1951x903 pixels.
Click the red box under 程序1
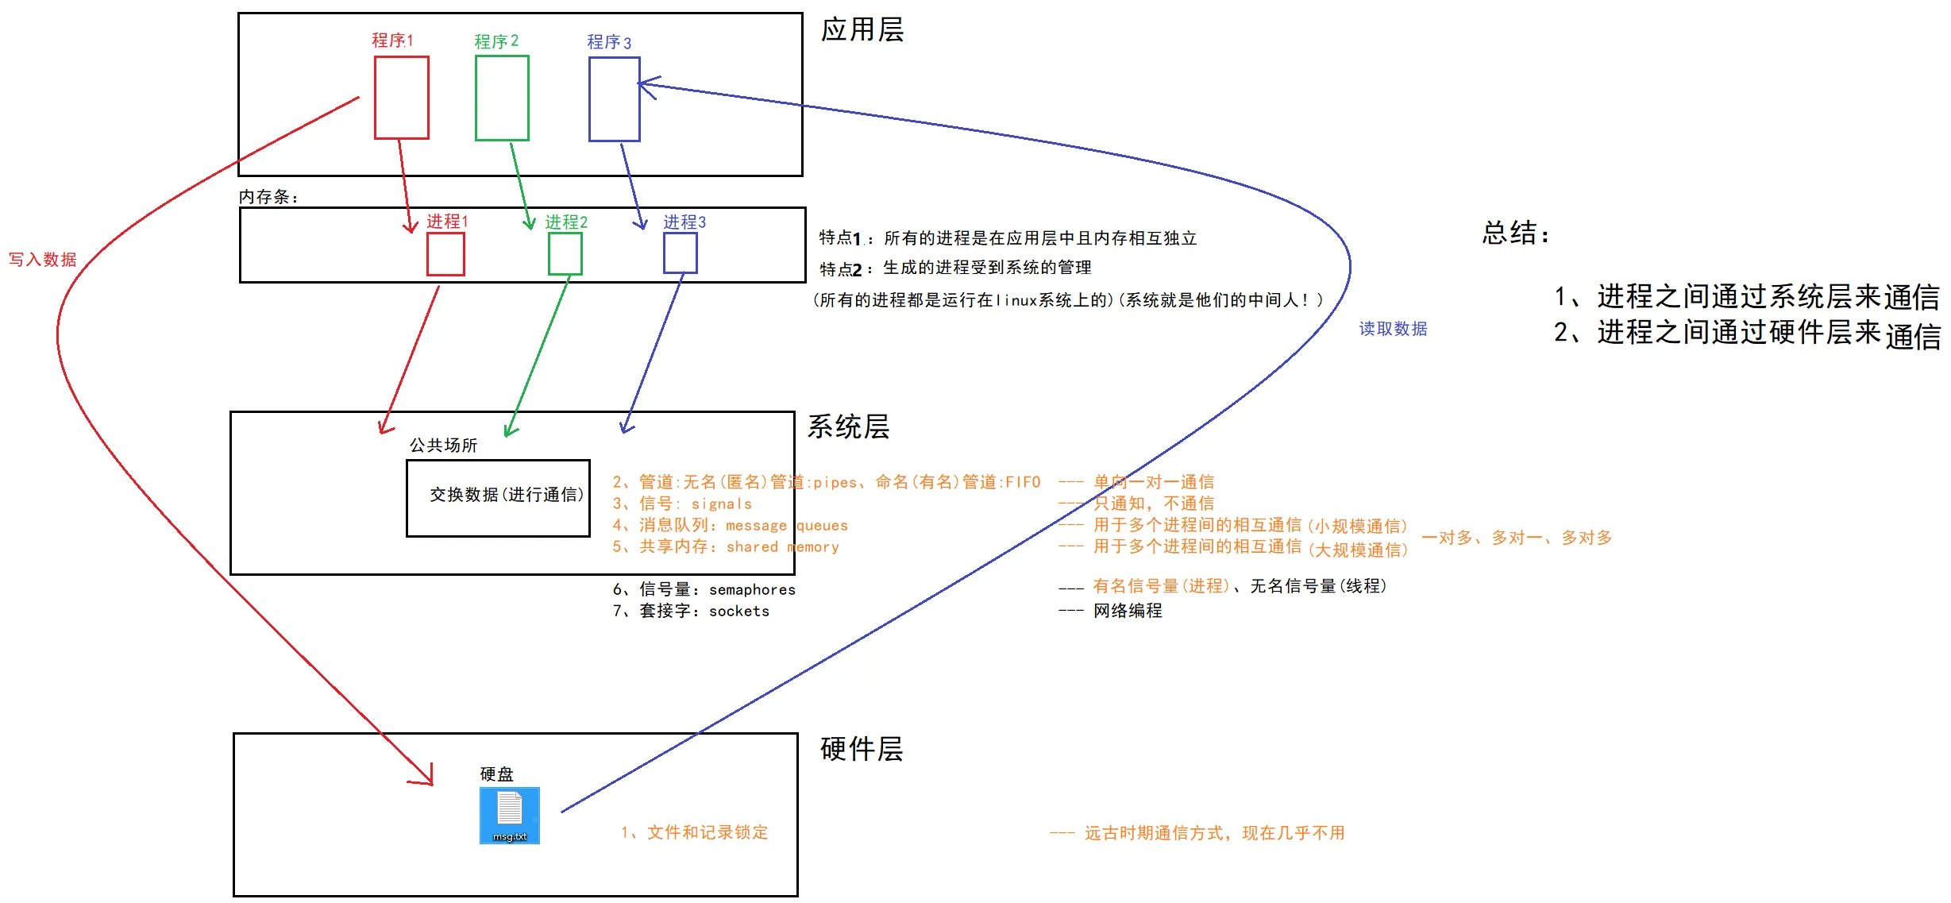pos(402,98)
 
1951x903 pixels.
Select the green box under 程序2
pos(502,98)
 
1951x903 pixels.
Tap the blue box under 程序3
pos(614,99)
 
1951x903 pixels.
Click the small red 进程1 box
pos(445,255)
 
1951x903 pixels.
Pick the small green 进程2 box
pos(565,254)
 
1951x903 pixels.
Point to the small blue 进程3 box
pos(681,253)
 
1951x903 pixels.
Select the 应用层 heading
pos(862,30)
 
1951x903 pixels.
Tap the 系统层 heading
pos(848,427)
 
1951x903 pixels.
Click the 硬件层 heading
pos(862,749)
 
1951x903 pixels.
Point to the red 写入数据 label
pos(43,260)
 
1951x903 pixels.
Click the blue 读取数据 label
pos(1393,329)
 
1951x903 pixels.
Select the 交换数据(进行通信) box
pos(498,498)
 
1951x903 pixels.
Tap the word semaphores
pos(752,590)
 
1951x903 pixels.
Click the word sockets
pos(739,612)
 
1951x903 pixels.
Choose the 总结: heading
pos(1515,233)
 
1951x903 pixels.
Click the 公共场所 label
pos(443,446)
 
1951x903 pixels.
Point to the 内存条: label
pos(268,197)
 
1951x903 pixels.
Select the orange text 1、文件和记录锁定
pos(695,832)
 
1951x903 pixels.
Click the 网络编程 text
pos(1128,611)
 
